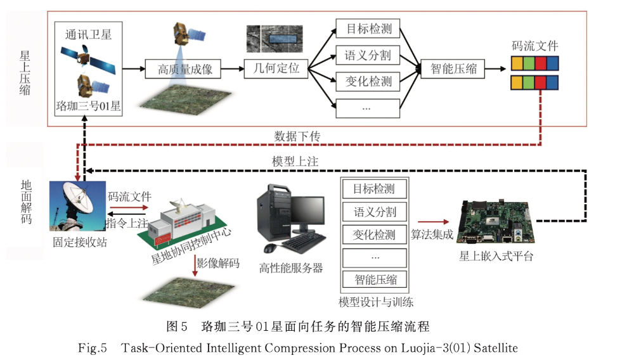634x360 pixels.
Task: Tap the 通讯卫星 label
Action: [88, 34]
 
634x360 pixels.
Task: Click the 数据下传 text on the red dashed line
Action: [297, 136]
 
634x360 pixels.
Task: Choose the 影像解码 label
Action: [217, 263]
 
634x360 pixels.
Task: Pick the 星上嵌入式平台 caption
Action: [496, 256]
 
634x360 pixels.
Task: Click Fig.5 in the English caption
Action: [93, 348]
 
